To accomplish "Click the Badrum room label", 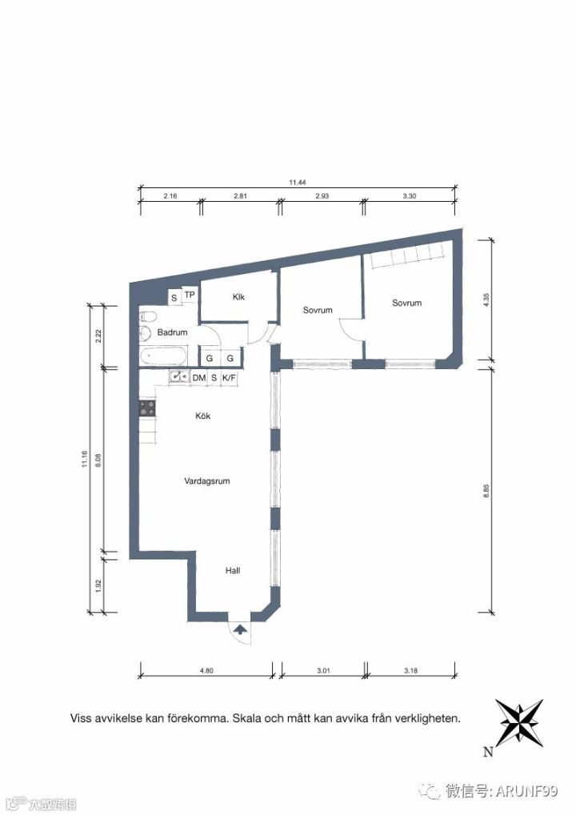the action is pyautogui.click(x=172, y=332).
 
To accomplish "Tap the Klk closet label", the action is pyautogui.click(x=238, y=297).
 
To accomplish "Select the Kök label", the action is pyautogui.click(x=202, y=416).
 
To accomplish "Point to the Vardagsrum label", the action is pyautogui.click(x=207, y=480).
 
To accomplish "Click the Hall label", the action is pyautogui.click(x=232, y=570).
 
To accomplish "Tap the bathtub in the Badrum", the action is pyautogui.click(x=162, y=356).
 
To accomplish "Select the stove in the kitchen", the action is pyautogui.click(x=146, y=408).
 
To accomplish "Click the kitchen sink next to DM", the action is pyautogui.click(x=180, y=377).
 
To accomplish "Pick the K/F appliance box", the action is pyautogui.click(x=229, y=378).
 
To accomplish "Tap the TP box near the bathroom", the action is pyautogui.click(x=190, y=295).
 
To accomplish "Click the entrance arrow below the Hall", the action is pyautogui.click(x=240, y=629).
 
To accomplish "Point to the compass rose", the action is pyautogui.click(x=519, y=723).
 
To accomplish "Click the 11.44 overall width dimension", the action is pyautogui.click(x=298, y=182).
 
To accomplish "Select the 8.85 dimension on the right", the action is pyautogui.click(x=486, y=491).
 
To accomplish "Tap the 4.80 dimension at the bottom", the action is pyautogui.click(x=206, y=670).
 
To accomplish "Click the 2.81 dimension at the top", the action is pyautogui.click(x=240, y=196).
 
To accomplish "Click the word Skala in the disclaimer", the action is pyautogui.click(x=247, y=718).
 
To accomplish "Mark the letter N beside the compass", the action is pyautogui.click(x=488, y=752).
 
